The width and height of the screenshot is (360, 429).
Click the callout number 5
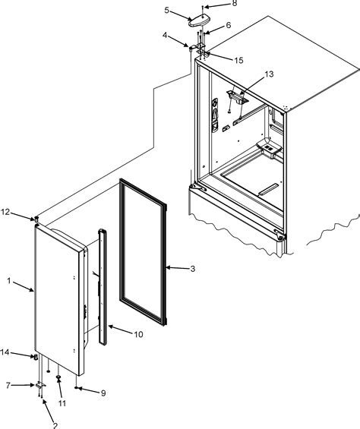tap(167, 10)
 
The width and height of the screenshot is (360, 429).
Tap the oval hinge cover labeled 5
tap(198, 21)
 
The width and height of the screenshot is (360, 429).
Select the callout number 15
tap(238, 60)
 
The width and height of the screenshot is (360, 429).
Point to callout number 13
tap(270, 74)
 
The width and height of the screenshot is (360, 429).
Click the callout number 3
tap(193, 269)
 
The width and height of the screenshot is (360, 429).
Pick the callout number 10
tap(138, 334)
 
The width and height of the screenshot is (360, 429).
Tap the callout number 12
tap(5, 212)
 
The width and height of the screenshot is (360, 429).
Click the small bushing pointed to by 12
tap(36, 219)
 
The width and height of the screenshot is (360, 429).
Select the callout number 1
tap(9, 281)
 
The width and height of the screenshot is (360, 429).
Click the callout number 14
tap(5, 352)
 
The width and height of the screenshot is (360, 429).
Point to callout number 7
tap(8, 386)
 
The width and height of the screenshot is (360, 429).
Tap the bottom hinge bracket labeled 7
tap(40, 385)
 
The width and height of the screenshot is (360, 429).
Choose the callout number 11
tap(62, 403)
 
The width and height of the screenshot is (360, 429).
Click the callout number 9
tap(103, 393)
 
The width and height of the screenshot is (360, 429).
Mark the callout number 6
tap(229, 26)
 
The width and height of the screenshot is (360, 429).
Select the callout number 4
tap(165, 35)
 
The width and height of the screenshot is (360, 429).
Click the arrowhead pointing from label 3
tap(168, 267)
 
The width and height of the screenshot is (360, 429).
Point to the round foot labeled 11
tap(58, 377)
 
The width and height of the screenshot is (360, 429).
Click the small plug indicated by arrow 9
tap(76, 387)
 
